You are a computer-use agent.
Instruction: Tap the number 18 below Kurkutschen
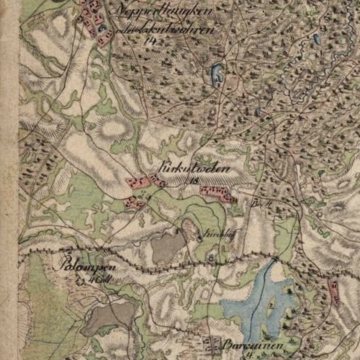coord(192,181)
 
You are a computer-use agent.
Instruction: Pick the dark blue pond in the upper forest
coord(216,73)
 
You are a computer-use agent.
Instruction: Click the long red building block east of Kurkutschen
coord(217,192)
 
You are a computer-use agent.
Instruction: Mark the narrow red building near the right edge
coord(333,289)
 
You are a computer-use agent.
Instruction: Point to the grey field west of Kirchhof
coord(167,247)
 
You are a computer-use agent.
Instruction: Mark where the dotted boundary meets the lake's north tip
coord(273,258)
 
